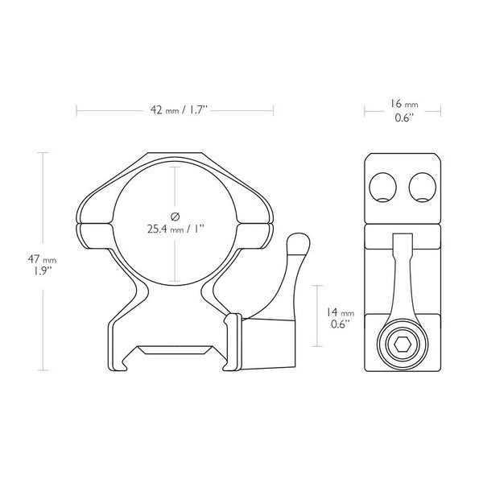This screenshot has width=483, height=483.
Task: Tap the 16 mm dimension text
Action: (403, 105)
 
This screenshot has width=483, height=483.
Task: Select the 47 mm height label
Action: (21, 260)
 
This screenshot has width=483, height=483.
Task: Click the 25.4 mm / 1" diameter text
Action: (175, 228)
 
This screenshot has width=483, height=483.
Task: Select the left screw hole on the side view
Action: (384, 188)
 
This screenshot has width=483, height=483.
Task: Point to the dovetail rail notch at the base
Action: (175, 352)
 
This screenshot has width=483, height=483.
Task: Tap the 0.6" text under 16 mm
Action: (403, 118)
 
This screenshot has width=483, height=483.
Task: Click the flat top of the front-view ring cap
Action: (175, 155)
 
